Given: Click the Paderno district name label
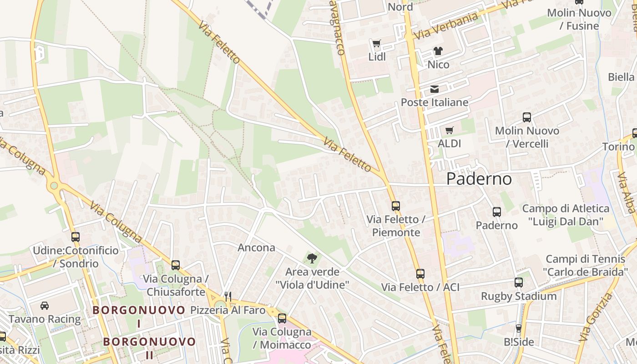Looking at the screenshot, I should (479, 179).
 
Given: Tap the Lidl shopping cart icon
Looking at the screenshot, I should (376, 44).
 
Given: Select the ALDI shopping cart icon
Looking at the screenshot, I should (449, 131).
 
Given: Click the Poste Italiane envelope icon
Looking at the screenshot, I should (435, 89).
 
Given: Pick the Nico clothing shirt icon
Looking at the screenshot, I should (438, 51).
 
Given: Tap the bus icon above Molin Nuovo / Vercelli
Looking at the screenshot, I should (526, 117).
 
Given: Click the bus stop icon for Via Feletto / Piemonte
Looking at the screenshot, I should (396, 206).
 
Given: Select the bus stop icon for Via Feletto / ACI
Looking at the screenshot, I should (420, 274).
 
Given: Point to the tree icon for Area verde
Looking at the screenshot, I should (312, 258).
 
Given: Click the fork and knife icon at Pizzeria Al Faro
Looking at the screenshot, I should (228, 296).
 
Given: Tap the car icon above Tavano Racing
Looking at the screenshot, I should (45, 306).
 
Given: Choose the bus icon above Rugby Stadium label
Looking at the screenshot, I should (519, 283).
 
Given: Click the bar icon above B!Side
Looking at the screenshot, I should (518, 328).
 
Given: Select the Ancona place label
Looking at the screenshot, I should (256, 248).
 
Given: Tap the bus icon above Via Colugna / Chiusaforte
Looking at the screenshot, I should (175, 265).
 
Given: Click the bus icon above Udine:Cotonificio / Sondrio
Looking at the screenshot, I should (76, 237).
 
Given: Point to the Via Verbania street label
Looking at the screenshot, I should (446, 25).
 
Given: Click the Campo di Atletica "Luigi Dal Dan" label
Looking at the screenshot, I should (566, 215).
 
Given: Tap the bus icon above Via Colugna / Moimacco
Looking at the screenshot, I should (282, 318).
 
